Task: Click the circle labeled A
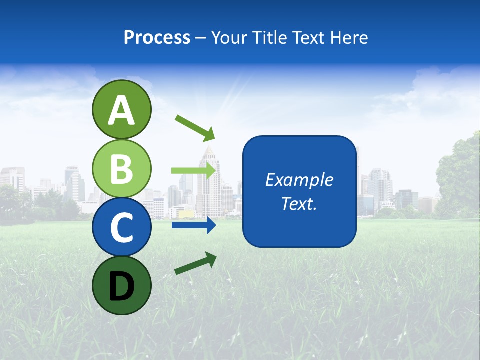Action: click(x=121, y=110)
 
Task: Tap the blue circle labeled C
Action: click(x=121, y=227)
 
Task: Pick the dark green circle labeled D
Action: click(x=121, y=285)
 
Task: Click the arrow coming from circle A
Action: click(x=194, y=127)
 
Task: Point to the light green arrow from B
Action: click(x=193, y=170)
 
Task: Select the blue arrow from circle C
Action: click(x=193, y=225)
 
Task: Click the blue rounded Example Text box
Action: click(x=299, y=191)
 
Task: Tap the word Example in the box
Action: click(x=299, y=180)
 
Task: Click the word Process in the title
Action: click(x=157, y=38)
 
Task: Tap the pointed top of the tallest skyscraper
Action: click(x=208, y=148)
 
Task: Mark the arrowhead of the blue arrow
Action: click(x=211, y=225)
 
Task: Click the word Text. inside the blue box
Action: click(x=299, y=204)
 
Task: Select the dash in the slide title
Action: click(x=201, y=38)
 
